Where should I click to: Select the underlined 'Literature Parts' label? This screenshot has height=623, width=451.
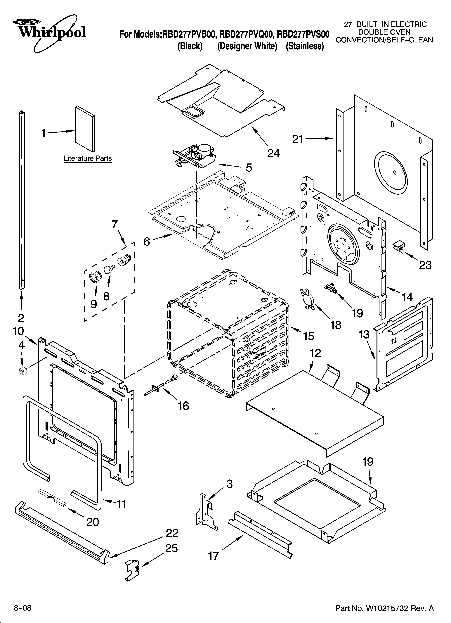[x=88, y=158]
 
